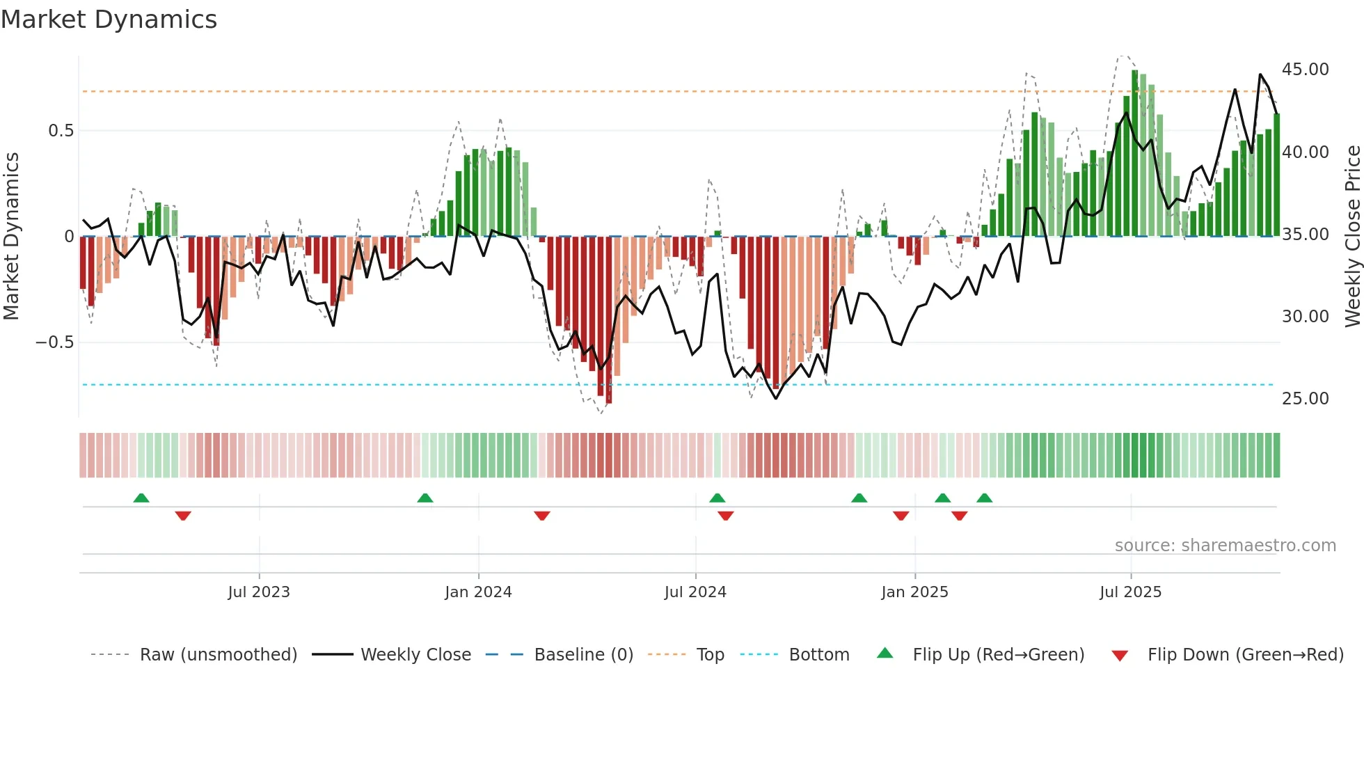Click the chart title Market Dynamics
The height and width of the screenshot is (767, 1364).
109,19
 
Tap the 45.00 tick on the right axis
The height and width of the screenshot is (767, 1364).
1305,70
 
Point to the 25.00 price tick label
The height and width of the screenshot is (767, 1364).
1305,399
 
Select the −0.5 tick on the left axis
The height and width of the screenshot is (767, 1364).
54,342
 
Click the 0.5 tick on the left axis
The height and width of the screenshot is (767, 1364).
61,131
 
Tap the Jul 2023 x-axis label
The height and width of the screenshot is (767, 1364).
258,592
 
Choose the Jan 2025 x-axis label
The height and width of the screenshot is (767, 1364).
914,592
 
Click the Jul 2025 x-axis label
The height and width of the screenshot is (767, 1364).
1130,592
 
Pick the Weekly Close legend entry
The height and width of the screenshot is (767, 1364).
415,655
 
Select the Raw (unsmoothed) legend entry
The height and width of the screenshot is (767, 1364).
218,655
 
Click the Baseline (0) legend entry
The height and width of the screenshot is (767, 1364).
583,655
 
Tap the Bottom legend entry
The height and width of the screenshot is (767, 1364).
818,655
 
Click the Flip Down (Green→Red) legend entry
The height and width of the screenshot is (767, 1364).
1245,655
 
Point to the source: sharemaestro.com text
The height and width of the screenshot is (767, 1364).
1225,546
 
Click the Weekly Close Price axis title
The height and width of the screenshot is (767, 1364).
1352,237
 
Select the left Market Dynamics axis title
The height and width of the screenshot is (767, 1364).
11,237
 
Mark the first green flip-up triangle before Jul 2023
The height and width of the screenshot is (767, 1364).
141,498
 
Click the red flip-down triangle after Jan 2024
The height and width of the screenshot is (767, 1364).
542,516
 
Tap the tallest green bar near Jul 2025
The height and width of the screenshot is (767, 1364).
1134,153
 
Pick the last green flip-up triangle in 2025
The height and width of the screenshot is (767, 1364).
984,498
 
